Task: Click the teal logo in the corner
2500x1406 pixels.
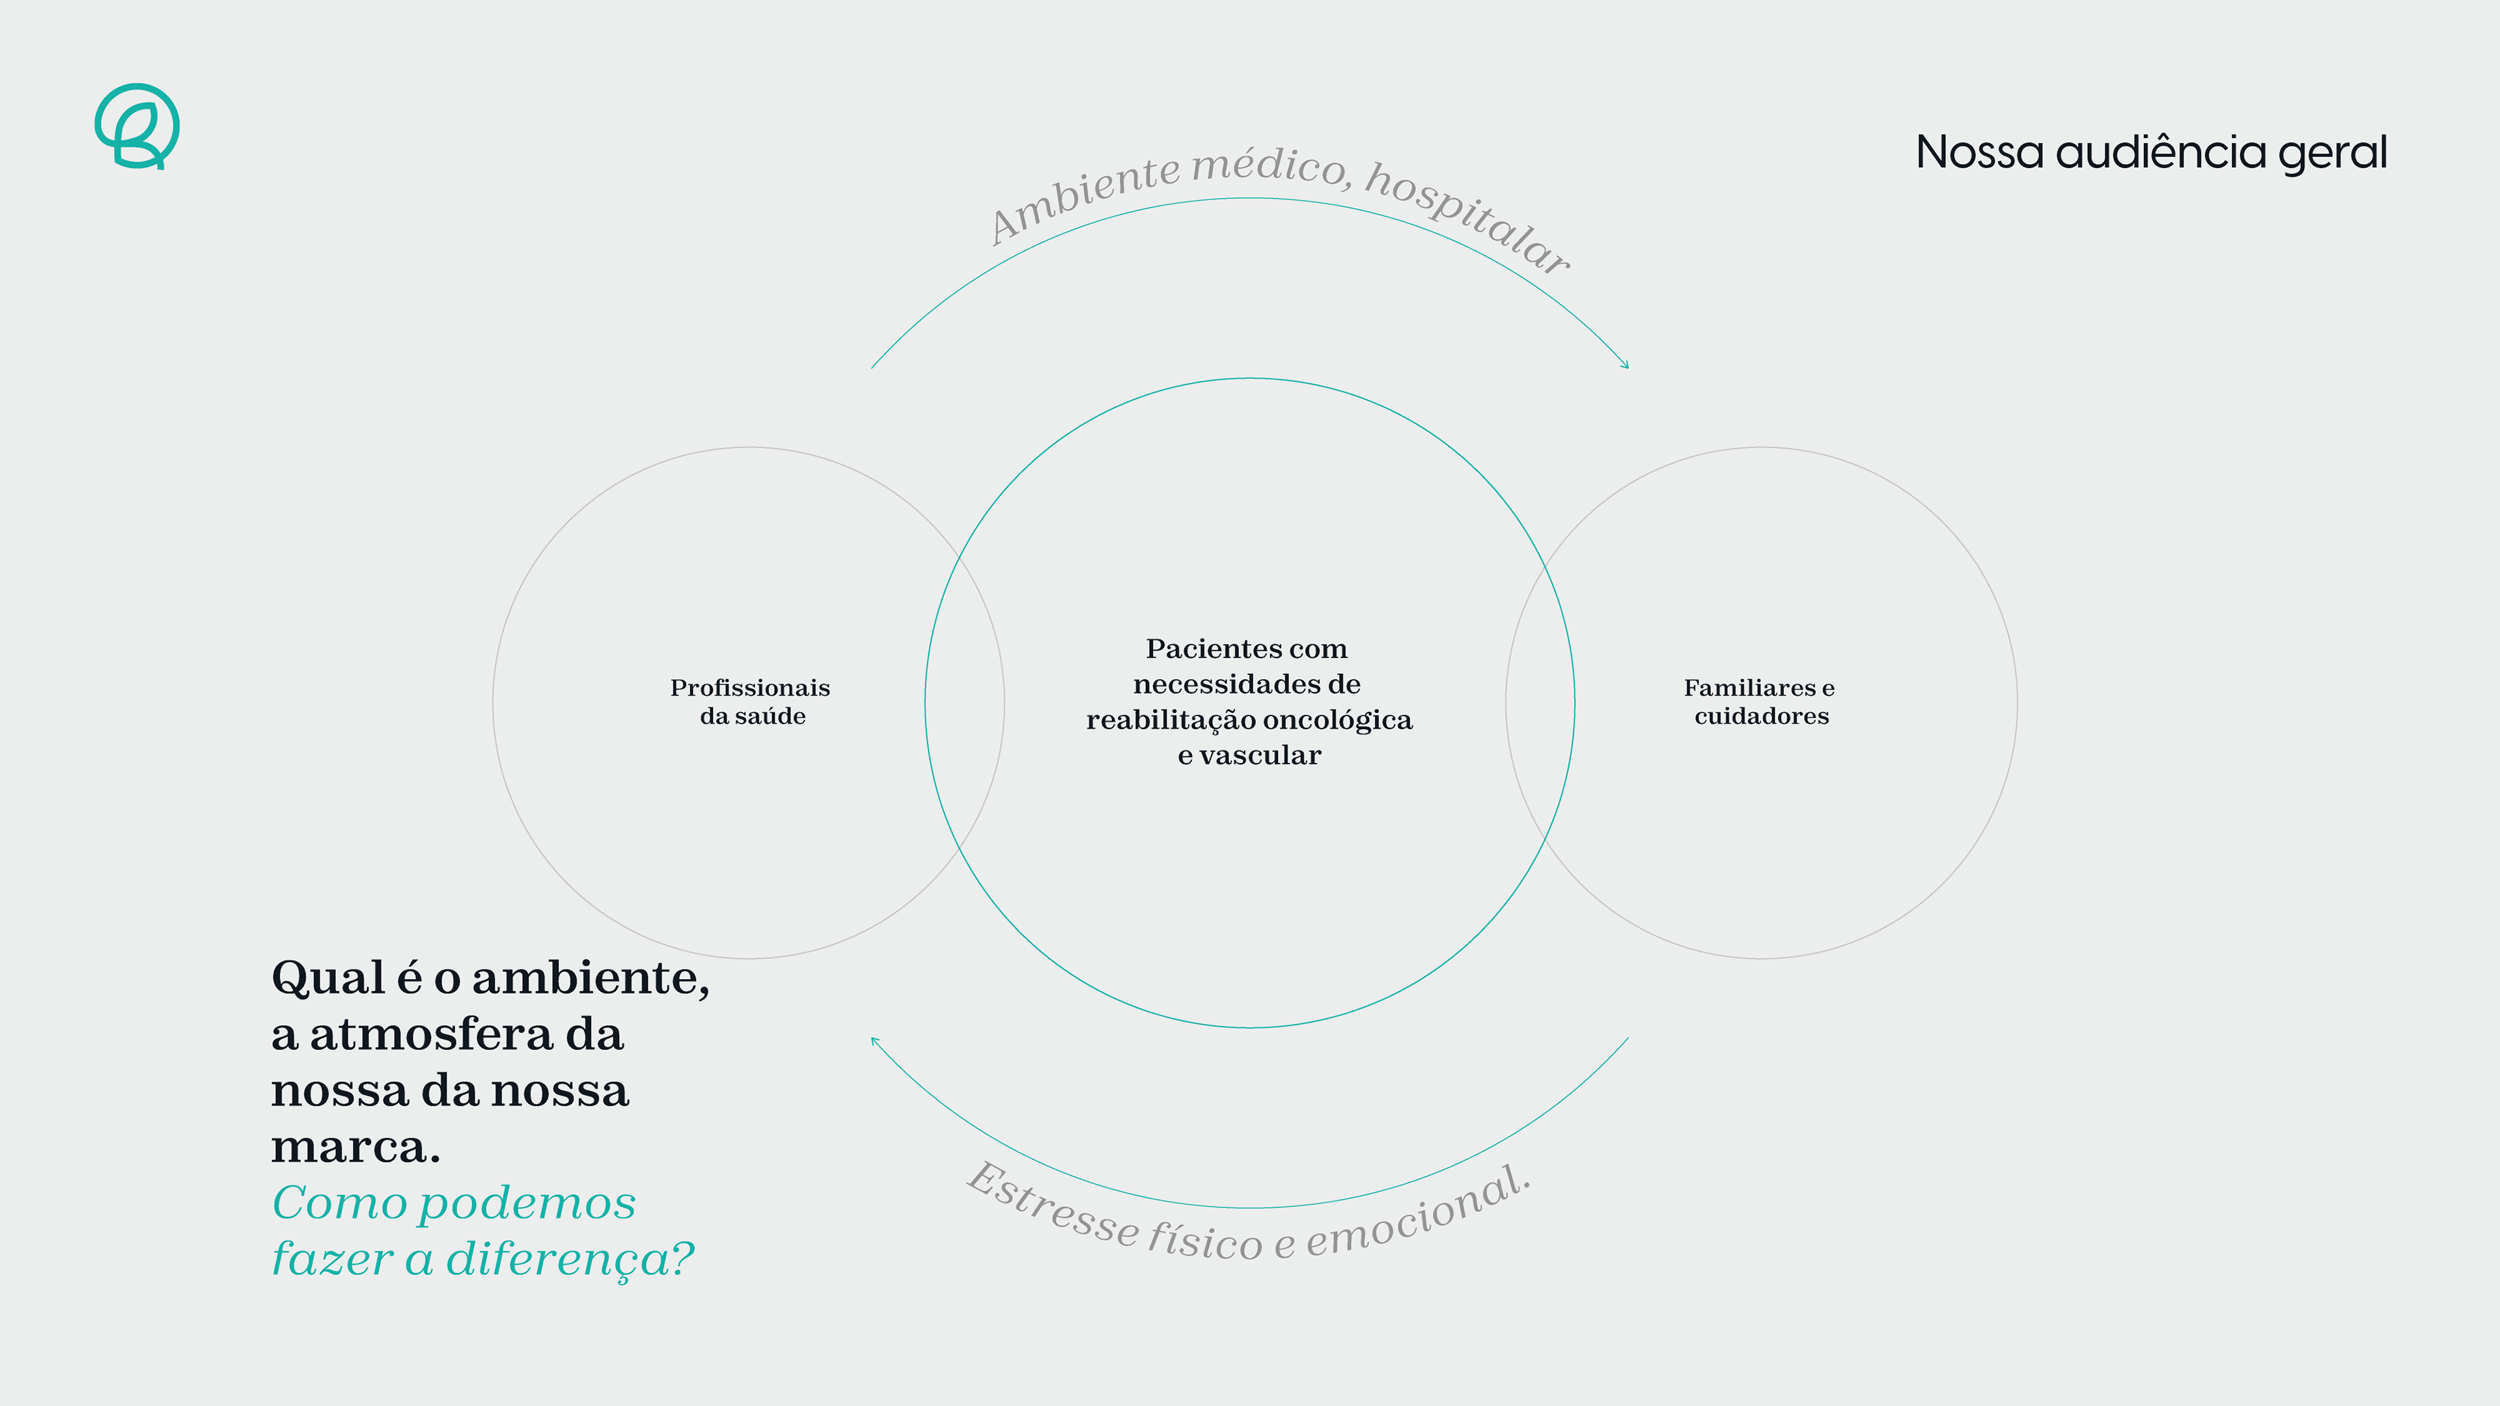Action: (x=137, y=126)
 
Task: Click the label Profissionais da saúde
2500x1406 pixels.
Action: (x=750, y=702)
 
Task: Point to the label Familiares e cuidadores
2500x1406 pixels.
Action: (x=1760, y=702)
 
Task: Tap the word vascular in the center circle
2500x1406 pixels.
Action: (x=1260, y=755)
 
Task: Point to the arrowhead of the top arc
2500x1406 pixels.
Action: (x=1626, y=365)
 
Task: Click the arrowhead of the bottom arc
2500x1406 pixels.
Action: (x=874, y=1041)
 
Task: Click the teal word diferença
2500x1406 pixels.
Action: (x=571, y=1260)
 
